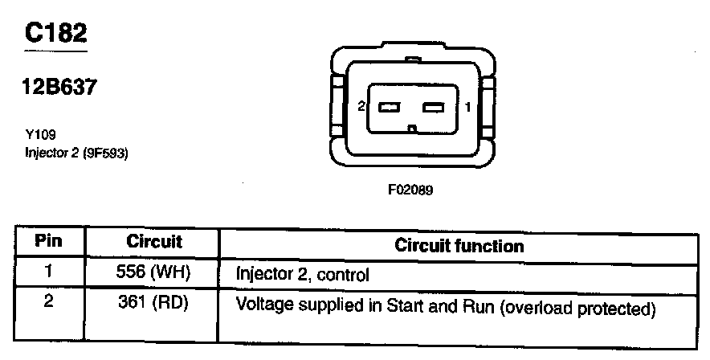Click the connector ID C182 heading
point(55,33)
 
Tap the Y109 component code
point(40,136)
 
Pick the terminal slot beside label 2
point(390,107)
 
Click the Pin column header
point(49,241)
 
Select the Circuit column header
point(155,241)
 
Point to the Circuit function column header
point(459,245)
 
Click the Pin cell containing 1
point(49,272)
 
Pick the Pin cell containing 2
point(49,305)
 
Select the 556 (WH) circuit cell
point(153,272)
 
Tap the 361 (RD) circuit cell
point(153,305)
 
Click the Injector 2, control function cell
point(302,275)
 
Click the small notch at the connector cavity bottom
point(412,128)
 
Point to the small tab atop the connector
point(412,59)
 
